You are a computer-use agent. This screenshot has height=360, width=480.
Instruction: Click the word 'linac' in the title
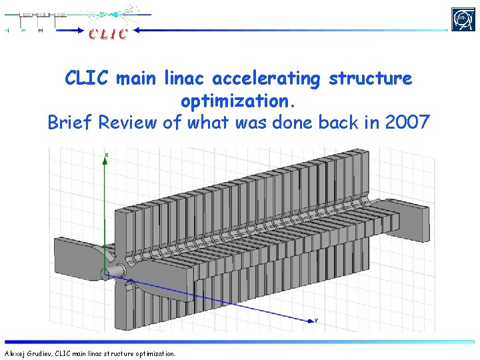pyautogui.click(x=187, y=79)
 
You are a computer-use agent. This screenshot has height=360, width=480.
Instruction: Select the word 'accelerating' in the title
pyautogui.click(x=269, y=79)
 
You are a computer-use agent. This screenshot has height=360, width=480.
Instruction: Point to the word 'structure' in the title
pyautogui.click(x=371, y=79)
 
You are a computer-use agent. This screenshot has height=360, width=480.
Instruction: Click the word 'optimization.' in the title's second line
pyautogui.click(x=238, y=101)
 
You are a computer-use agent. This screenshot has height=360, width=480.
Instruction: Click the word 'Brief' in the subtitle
pyautogui.click(x=71, y=123)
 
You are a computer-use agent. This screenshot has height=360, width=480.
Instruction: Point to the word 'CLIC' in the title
pyautogui.click(x=88, y=79)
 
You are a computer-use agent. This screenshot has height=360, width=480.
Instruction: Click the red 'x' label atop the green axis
pyautogui.click(x=107, y=155)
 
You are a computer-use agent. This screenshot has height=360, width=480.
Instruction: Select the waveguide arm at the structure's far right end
pyautogui.click(x=413, y=213)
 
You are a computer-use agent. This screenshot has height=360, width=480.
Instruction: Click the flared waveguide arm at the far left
pyautogui.click(x=80, y=257)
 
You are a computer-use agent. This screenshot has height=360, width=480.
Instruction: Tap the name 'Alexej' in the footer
pyautogui.click(x=15, y=353)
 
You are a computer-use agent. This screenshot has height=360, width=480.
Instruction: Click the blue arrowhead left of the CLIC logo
pyautogui.click(x=139, y=30)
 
